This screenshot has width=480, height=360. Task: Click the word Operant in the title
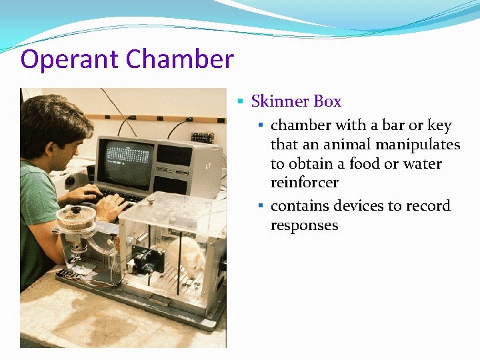coord(70,60)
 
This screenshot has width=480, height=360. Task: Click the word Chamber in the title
coord(179,59)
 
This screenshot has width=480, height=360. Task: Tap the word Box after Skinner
coord(327,101)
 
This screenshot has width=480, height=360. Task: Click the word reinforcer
coord(304,182)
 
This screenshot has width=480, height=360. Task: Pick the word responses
coord(304,225)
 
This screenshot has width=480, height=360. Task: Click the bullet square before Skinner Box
coord(242,102)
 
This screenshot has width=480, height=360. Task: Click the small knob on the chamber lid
coord(151,198)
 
